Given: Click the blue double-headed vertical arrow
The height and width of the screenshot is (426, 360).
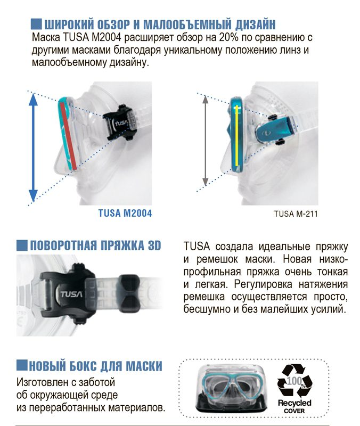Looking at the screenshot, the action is [x=33, y=148].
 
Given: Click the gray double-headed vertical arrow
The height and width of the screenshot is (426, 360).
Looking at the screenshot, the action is [x=206, y=141].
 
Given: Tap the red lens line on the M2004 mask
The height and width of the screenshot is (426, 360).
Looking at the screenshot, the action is [x=69, y=136].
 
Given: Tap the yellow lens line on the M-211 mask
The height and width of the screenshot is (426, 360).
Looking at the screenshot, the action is [x=237, y=136].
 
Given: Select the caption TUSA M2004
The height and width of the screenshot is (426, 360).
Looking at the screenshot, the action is [x=125, y=213].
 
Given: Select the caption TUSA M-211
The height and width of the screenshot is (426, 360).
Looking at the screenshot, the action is [x=296, y=214].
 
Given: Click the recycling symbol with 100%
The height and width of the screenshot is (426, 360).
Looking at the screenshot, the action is [x=295, y=381].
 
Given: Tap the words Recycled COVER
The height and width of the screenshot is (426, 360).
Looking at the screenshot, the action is [x=294, y=406].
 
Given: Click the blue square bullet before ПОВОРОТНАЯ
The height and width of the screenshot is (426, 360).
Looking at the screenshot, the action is [x=22, y=245].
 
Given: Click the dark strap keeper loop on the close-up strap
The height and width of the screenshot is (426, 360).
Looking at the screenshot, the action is [x=129, y=293].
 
